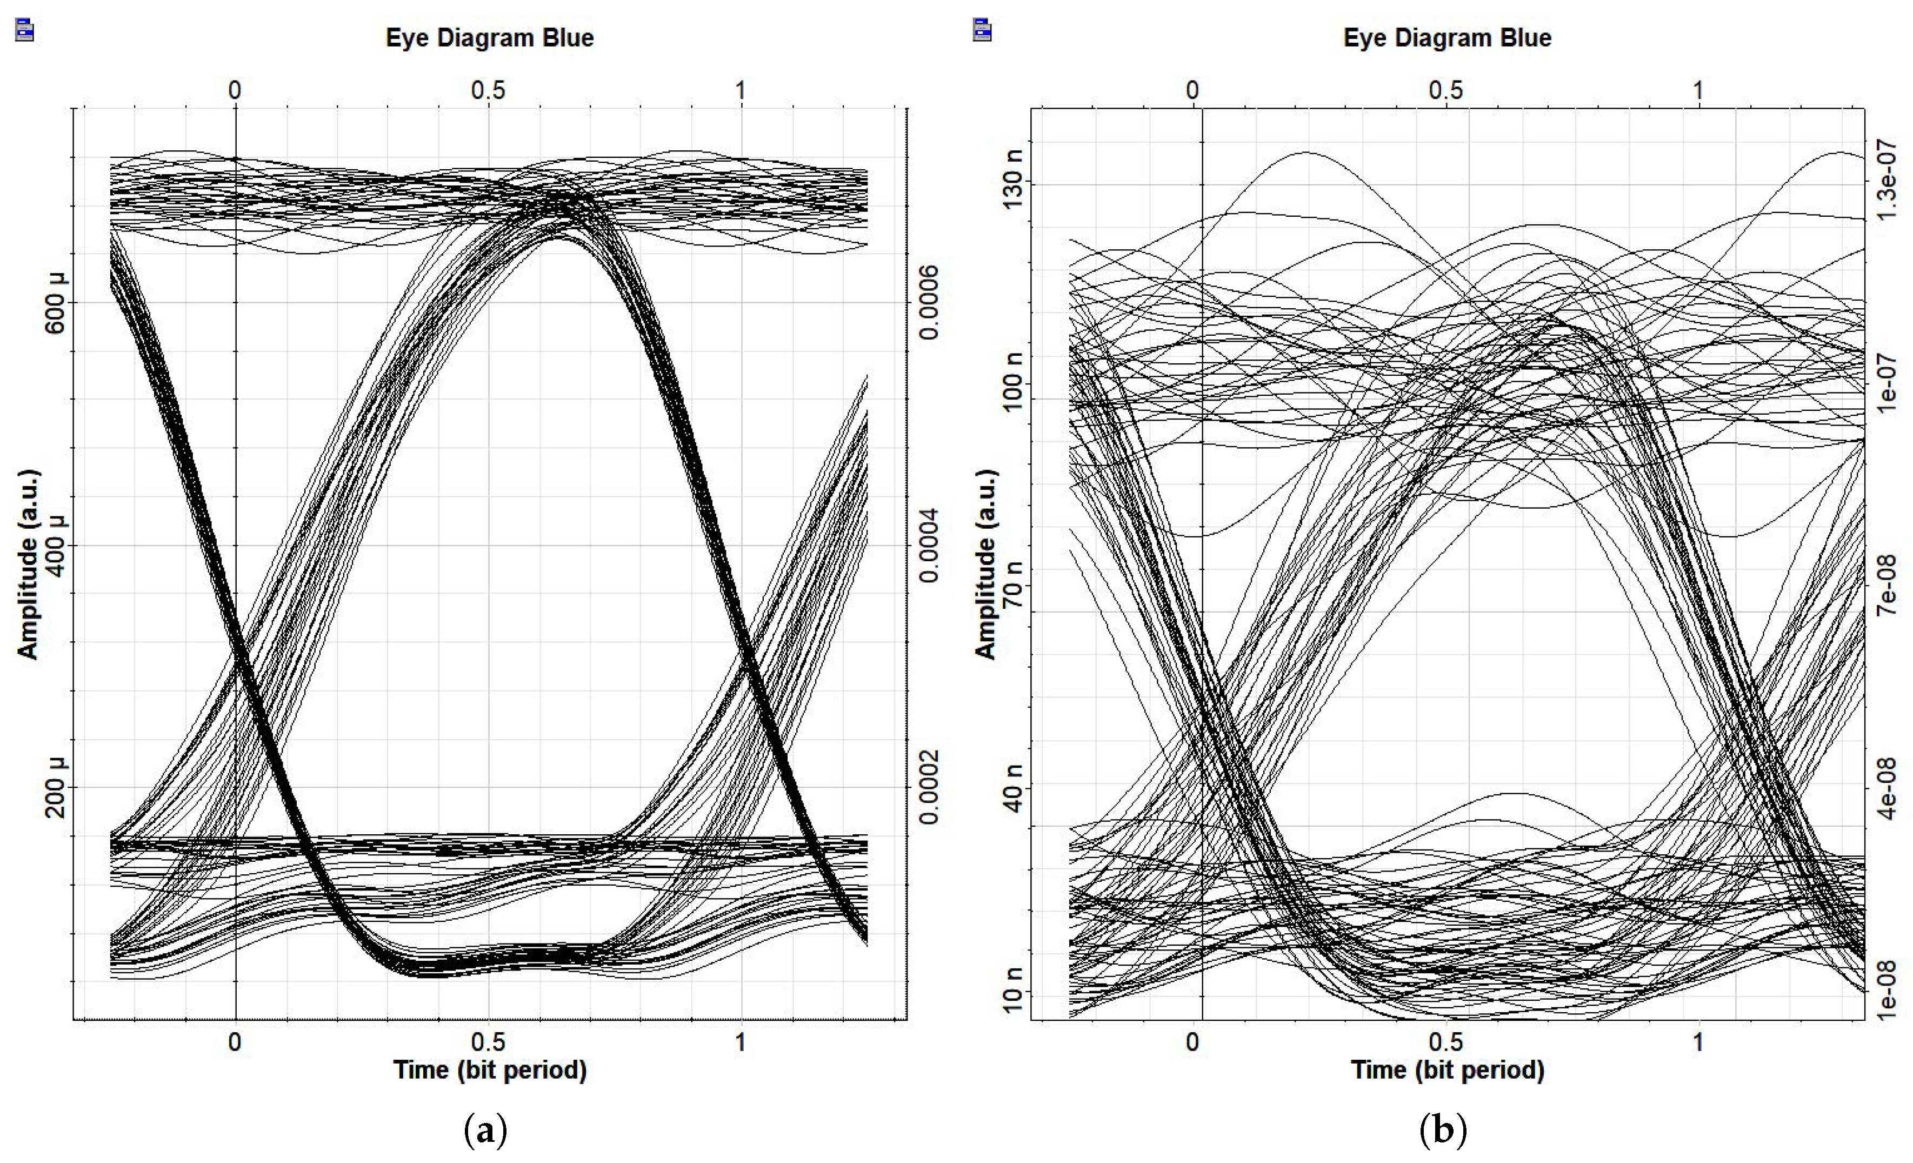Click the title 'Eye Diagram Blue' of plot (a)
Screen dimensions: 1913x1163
click(x=490, y=37)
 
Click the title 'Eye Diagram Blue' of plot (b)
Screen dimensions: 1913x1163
click(x=1447, y=37)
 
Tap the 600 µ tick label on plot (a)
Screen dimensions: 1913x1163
click(x=56, y=303)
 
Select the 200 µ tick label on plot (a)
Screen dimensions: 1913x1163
click(x=56, y=787)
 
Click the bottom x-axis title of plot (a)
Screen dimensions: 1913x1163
click(x=490, y=1071)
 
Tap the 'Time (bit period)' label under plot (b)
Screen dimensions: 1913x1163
click(x=1447, y=1071)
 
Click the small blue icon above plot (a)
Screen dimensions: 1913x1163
click(x=25, y=31)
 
